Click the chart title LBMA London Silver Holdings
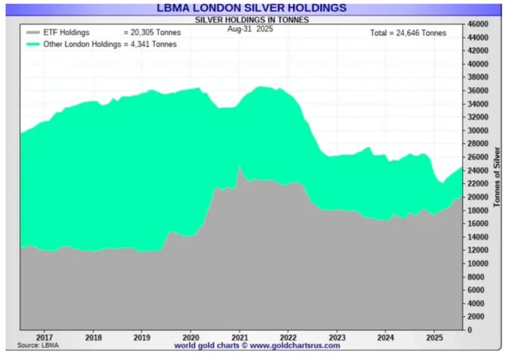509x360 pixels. tap(252, 7)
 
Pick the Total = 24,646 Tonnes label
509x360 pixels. tap(408, 33)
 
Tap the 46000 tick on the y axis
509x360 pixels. tap(478, 24)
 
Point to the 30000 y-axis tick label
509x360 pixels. tap(478, 130)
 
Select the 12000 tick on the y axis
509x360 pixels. tap(478, 250)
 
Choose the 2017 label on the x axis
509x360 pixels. tap(43, 338)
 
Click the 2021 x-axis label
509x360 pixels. tap(240, 338)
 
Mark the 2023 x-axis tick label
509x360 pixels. tap(338, 338)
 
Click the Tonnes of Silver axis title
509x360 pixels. tap(498, 177)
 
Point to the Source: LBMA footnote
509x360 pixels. tap(38, 346)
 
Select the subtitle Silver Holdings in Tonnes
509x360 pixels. tap(252, 19)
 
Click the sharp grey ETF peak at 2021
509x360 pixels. tap(240, 168)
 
